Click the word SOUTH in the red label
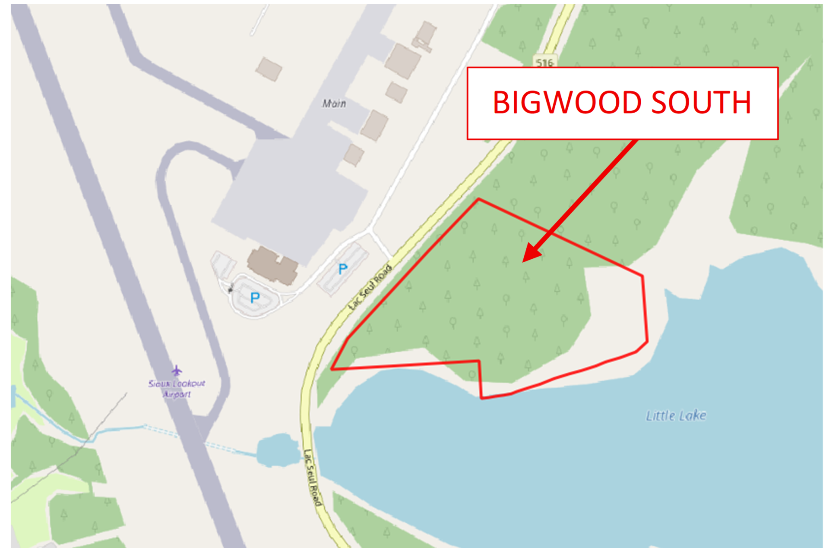(x=701, y=103)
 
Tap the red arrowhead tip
(x=524, y=261)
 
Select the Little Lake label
(x=676, y=415)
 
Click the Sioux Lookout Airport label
(x=177, y=388)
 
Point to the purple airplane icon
(x=177, y=371)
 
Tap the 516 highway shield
(x=544, y=63)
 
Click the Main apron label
(x=334, y=104)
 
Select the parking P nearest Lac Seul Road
(x=343, y=269)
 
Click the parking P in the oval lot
(x=255, y=297)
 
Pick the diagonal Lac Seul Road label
(x=371, y=287)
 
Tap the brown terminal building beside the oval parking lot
(x=272, y=265)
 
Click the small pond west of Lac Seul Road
(x=277, y=450)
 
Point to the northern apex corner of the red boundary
(x=478, y=199)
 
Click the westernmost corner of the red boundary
(x=332, y=369)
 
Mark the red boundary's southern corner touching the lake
(x=481, y=398)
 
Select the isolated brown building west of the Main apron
(x=269, y=69)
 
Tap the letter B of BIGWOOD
(x=503, y=103)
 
